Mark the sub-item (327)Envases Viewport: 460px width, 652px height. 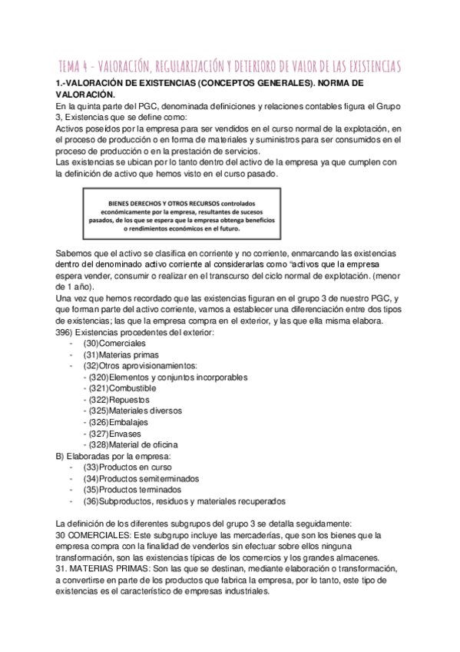click(115, 434)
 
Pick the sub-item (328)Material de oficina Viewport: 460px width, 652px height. click(134, 444)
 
